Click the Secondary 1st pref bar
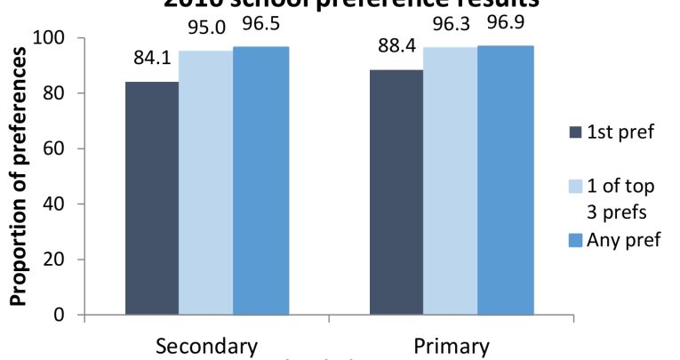pyautogui.click(x=152, y=198)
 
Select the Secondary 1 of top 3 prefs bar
pyautogui.click(x=206, y=183)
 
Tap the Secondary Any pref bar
pyautogui.click(x=260, y=180)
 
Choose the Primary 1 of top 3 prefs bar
pyautogui.click(x=451, y=181)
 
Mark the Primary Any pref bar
pyautogui.click(x=505, y=180)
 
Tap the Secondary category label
pyautogui.click(x=206, y=345)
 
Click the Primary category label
pyautogui.click(x=452, y=345)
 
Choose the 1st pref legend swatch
pyautogui.click(x=575, y=132)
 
